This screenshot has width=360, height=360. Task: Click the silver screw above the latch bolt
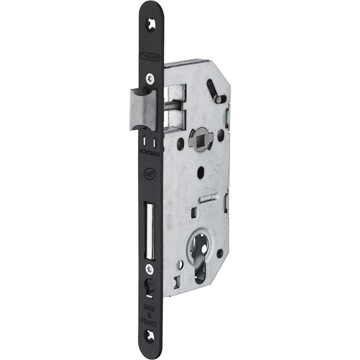[x=149, y=79]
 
